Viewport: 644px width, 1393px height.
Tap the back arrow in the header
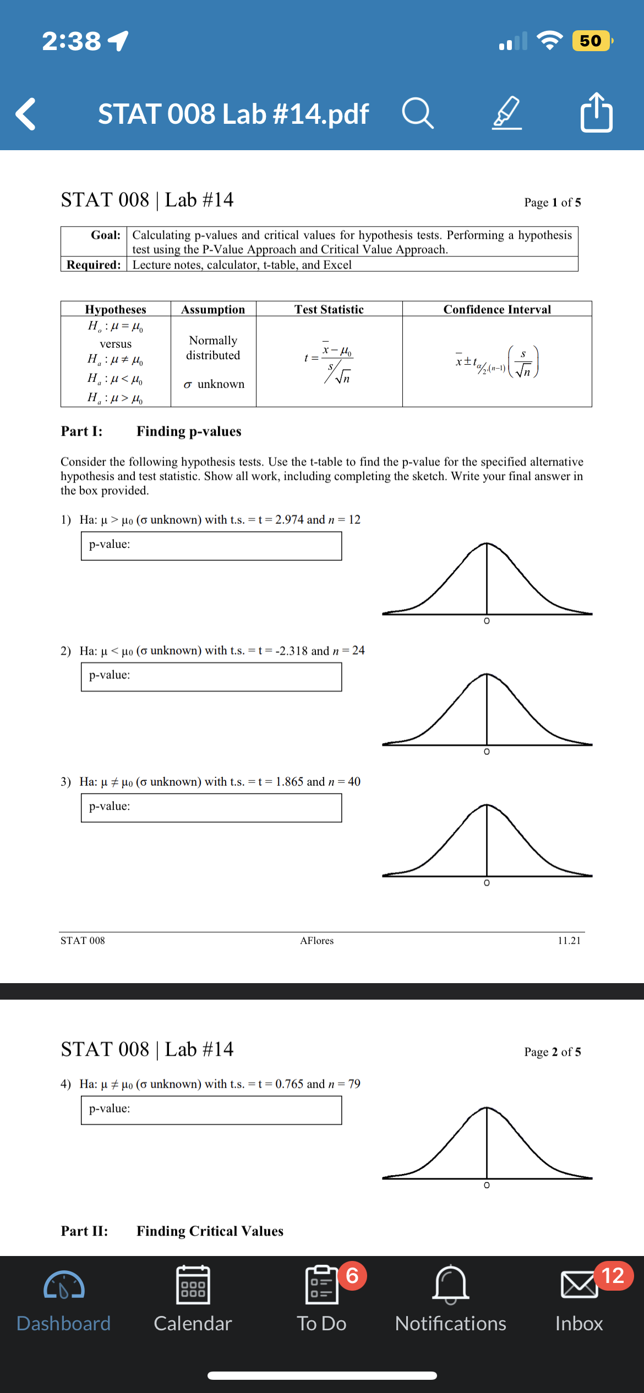coord(26,114)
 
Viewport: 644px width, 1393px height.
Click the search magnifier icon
coord(418,113)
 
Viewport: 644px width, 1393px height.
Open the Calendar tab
coord(193,1298)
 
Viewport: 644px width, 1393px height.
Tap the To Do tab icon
coord(322,1285)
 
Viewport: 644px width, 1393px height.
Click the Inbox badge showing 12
coord(613,1276)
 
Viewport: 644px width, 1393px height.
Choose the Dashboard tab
coord(64,1298)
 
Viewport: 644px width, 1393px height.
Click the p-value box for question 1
coord(211,546)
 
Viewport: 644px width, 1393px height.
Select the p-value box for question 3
coord(211,808)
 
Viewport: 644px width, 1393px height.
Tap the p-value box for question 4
coord(211,1110)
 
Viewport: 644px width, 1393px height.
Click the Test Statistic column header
coord(329,309)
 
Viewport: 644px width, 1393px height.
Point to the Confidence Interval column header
coord(497,309)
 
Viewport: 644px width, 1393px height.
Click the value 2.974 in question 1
coord(289,520)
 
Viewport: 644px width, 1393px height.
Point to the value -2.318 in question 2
coord(291,651)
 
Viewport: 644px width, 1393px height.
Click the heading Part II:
coord(84,1231)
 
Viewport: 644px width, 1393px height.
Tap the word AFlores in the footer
coord(316,941)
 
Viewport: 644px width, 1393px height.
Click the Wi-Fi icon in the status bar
coord(549,40)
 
